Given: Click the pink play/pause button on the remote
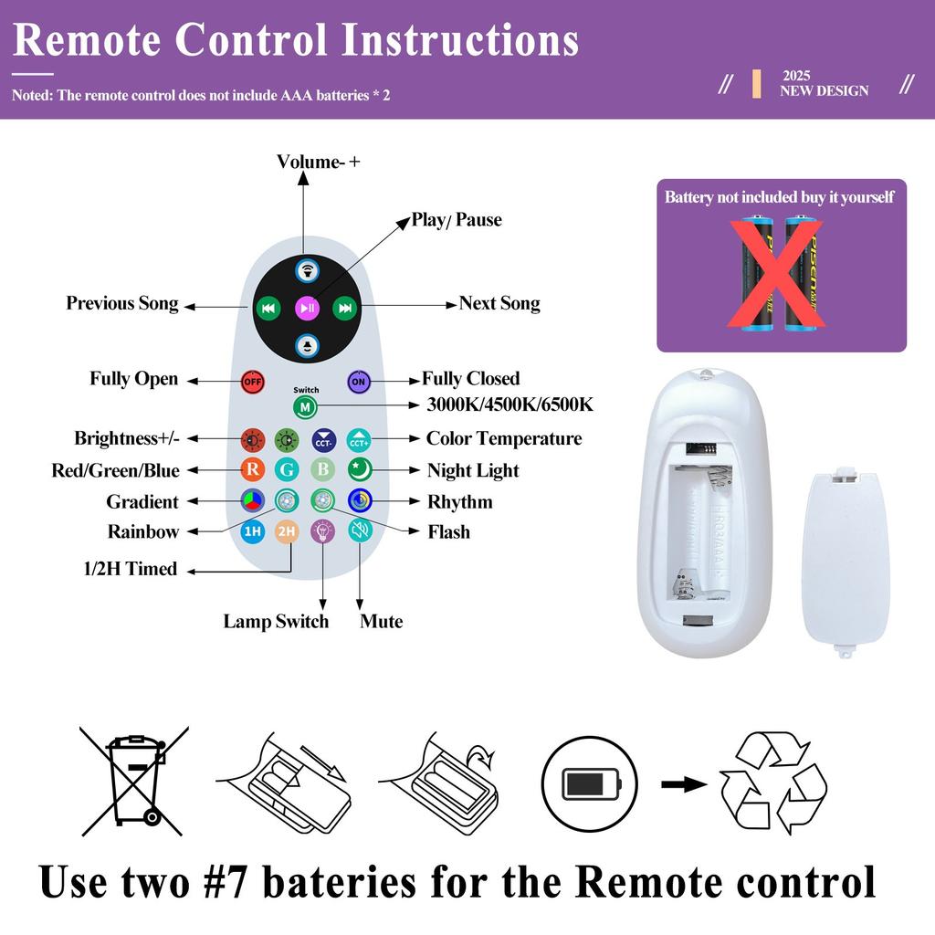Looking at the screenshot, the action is click(x=308, y=308).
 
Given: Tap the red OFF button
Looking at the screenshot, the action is click(x=252, y=382).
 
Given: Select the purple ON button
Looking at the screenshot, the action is click(x=359, y=382).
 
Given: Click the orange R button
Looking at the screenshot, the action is click(x=253, y=469).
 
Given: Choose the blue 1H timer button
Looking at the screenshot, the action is click(x=253, y=531).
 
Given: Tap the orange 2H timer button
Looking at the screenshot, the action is click(x=287, y=531).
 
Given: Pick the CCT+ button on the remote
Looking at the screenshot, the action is click(x=359, y=440).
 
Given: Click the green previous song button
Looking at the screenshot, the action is click(x=268, y=308).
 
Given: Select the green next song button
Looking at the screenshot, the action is click(x=344, y=308).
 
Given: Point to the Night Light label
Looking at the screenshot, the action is click(x=473, y=470).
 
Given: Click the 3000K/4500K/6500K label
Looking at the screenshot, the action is click(x=510, y=404).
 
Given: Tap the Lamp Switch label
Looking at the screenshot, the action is click(x=276, y=621).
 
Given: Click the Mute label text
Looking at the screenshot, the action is click(x=381, y=621).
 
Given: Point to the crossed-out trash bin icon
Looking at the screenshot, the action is click(x=134, y=781).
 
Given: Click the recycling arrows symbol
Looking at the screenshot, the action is click(x=774, y=783).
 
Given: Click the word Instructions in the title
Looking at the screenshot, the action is click(x=460, y=40).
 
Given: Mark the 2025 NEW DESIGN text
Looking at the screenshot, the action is click(x=825, y=83).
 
